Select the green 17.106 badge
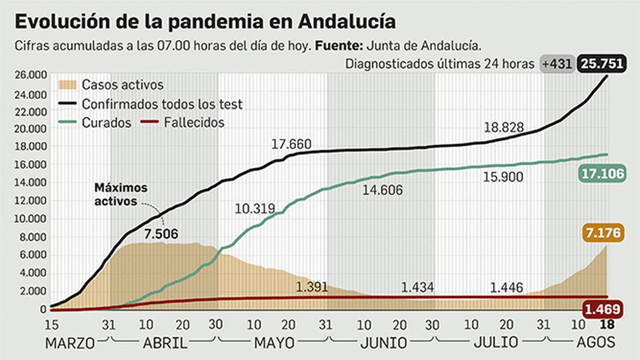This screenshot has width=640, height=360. point(602,174)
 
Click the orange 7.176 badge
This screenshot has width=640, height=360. point(603,233)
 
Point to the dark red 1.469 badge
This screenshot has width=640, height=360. point(602,309)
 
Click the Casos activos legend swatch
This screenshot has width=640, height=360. point(67,85)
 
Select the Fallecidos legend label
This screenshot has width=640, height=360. point(194,122)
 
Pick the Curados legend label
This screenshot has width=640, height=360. point(106,123)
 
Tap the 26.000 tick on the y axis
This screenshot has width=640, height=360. point(31,75)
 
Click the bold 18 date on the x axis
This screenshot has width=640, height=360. point(607,324)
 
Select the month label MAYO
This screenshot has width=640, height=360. point(274,343)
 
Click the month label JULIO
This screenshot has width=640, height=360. point(496,342)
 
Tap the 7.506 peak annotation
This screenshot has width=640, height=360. point(161,234)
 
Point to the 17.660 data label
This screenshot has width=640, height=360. point(291,144)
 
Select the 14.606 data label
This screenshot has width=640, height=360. point(382,190)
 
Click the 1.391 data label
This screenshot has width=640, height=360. point(312,287)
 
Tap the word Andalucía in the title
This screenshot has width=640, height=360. point(347,22)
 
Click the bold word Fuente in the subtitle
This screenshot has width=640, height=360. point(338,46)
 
